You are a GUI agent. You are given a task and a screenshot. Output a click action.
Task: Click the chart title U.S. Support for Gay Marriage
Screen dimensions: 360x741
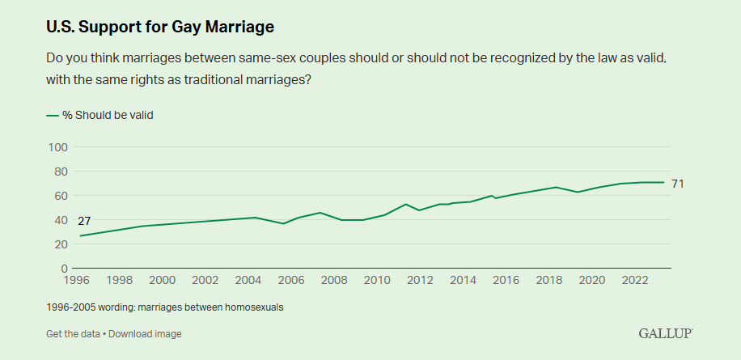click(160, 27)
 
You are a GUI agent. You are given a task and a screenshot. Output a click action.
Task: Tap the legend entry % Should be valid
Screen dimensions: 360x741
click(108, 115)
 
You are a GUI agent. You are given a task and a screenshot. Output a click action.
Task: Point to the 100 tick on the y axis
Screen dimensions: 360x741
click(57, 147)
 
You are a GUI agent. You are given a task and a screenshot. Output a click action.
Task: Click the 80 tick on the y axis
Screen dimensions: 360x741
click(60, 172)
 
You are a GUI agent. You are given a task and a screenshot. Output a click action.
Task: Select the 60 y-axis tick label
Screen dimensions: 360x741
click(60, 196)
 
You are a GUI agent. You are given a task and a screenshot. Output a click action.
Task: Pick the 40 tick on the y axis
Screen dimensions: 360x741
click(60, 220)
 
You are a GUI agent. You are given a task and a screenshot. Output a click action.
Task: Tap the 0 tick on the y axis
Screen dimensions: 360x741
click(63, 269)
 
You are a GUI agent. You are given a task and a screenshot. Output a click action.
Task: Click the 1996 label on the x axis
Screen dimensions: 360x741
click(78, 281)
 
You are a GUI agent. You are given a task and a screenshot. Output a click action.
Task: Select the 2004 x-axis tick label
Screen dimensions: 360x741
click(248, 281)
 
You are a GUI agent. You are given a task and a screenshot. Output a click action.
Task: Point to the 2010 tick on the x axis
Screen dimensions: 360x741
click(377, 281)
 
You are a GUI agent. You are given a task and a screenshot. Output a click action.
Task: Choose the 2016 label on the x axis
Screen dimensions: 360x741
click(506, 281)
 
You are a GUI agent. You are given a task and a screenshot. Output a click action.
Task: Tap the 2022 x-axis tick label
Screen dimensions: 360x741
click(634, 281)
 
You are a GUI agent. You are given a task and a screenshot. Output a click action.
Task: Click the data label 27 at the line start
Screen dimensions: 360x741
click(84, 222)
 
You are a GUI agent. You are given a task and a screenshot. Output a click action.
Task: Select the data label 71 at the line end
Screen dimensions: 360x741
click(678, 184)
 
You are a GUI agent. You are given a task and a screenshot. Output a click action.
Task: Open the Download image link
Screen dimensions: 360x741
click(145, 334)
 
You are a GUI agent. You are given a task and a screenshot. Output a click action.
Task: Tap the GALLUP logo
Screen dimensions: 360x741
click(666, 333)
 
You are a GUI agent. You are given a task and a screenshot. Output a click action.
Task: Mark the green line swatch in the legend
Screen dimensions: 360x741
click(53, 115)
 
